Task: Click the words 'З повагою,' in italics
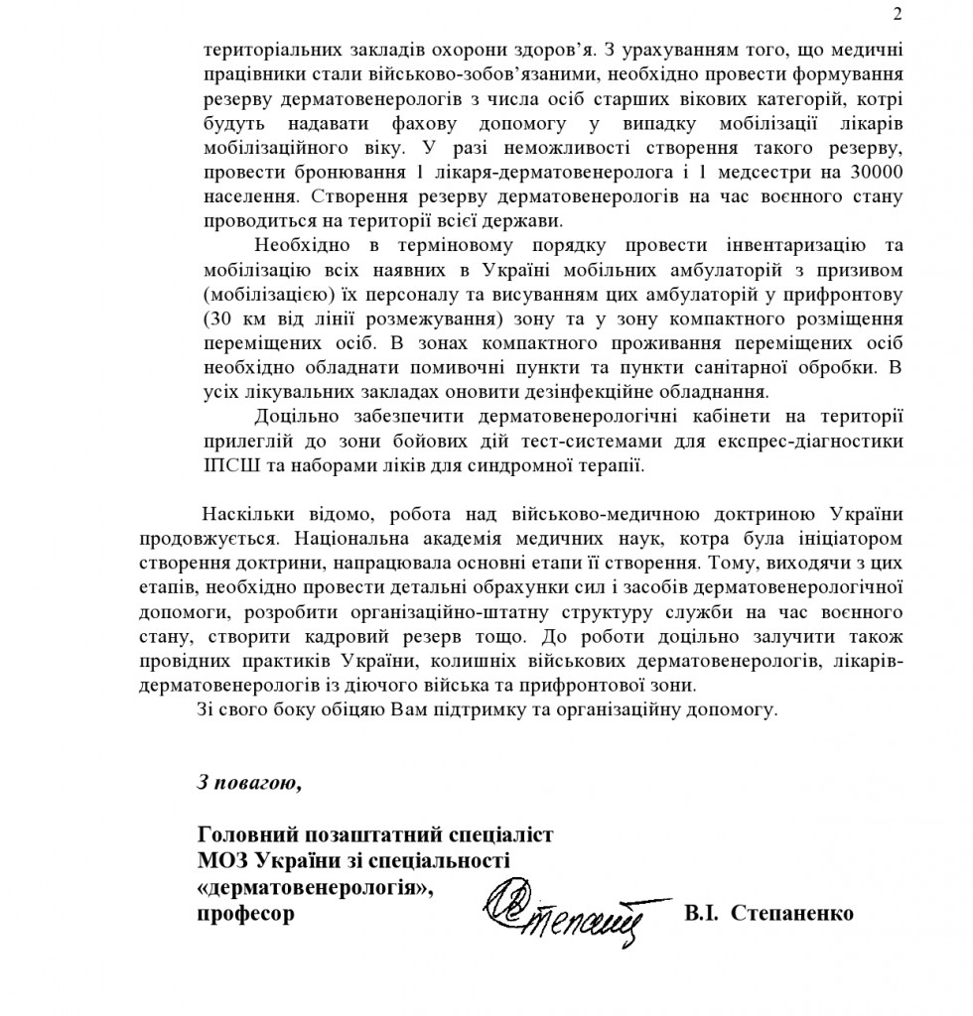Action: [x=247, y=782]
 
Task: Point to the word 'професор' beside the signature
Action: [x=245, y=913]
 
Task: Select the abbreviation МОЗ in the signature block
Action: [x=223, y=859]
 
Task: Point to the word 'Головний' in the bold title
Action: [x=243, y=833]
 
